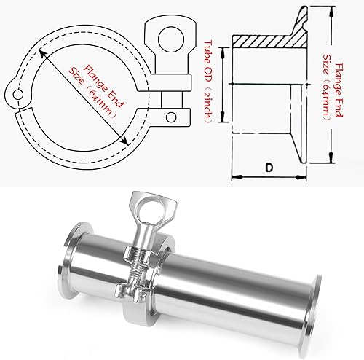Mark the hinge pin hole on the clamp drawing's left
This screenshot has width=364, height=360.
[x=17, y=94]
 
